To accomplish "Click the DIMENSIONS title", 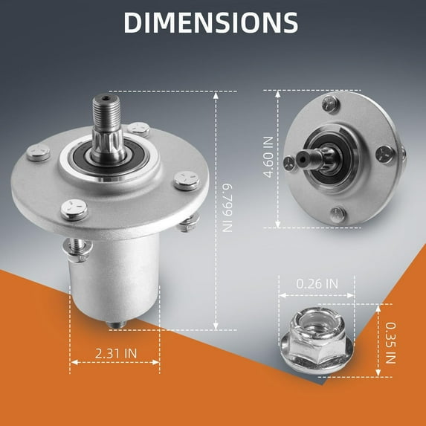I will tap(212, 23).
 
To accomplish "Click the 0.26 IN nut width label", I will tap(317, 283).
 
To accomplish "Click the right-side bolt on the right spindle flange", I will tap(384, 153).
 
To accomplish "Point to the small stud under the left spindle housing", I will tap(113, 325).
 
